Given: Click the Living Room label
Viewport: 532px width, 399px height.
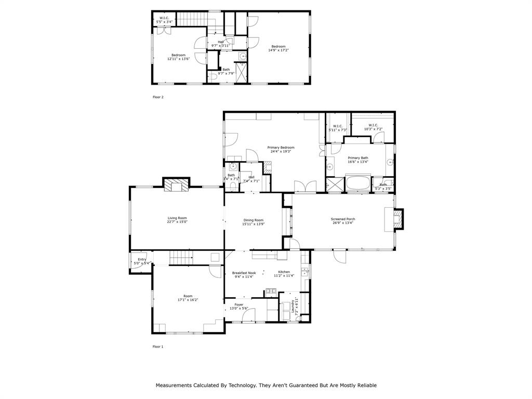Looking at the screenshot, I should (177, 218).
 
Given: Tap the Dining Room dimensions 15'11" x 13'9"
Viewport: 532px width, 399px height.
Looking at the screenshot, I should (254, 224).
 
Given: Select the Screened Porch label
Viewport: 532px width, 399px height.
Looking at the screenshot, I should (343, 219).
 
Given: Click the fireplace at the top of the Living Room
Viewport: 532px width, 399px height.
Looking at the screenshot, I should (177, 186).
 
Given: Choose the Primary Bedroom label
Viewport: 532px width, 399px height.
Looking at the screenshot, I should (281, 148).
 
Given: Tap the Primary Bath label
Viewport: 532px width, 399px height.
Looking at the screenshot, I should (358, 158).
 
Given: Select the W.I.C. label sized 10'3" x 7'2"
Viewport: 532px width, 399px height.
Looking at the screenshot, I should (373, 125).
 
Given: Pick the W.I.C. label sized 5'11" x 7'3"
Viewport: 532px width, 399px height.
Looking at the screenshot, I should (338, 126).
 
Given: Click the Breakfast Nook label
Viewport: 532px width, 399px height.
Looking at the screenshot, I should (244, 273).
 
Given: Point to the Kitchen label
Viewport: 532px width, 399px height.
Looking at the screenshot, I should (284, 272).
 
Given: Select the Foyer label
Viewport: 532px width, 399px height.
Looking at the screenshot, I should (239, 304).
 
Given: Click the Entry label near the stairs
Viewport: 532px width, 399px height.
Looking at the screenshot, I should (142, 259).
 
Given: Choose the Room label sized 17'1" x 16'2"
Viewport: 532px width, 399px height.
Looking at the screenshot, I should (188, 296).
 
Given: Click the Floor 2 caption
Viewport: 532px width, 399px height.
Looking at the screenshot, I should (158, 97).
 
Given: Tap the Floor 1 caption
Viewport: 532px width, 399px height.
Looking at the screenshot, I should (158, 347).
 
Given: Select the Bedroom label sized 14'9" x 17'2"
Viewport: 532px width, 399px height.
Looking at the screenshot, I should (278, 47).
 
